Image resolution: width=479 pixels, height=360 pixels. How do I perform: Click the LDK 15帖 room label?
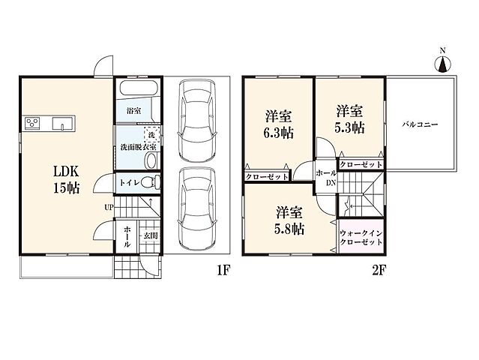[67, 180]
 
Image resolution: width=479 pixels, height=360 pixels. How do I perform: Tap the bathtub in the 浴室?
[139, 88]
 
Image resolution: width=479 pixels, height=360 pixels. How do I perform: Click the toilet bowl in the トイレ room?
[152, 183]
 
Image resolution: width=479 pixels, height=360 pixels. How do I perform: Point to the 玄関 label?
[151, 235]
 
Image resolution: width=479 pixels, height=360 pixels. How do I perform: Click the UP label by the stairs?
[109, 208]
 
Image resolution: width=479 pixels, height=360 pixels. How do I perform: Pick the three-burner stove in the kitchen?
[32, 124]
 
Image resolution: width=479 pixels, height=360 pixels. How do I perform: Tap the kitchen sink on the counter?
[63, 124]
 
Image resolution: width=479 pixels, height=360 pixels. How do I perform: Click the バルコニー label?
[420, 124]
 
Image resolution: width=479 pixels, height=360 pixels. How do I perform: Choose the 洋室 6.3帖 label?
[279, 125]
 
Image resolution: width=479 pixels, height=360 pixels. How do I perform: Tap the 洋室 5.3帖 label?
[350, 119]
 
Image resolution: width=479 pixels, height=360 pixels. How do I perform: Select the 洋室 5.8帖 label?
[289, 220]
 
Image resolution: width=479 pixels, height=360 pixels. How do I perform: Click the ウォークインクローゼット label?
[361, 238]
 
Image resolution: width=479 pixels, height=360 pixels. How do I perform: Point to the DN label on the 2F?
[331, 183]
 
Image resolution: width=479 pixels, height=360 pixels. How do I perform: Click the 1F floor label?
[223, 270]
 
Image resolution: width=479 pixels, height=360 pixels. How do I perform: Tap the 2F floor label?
[379, 270]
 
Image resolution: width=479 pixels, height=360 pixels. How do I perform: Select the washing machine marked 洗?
[151, 134]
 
